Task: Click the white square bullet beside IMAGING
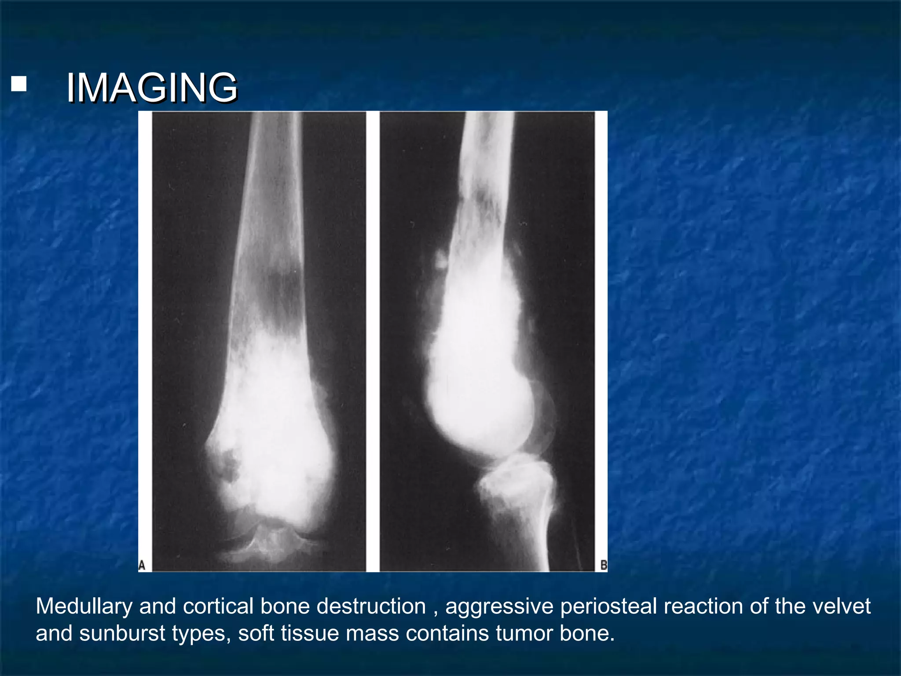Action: click(19, 84)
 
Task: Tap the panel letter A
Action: click(142, 565)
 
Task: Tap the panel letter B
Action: click(604, 565)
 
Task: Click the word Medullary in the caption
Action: click(84, 606)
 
